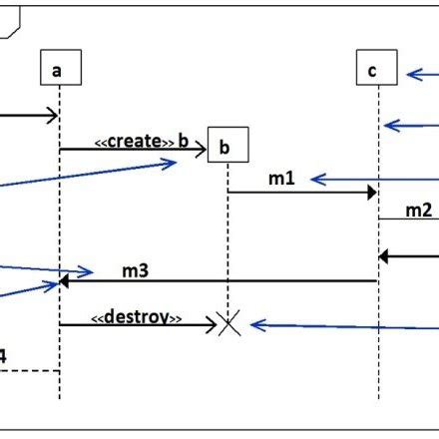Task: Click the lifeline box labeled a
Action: point(59,69)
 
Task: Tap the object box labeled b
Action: point(226,148)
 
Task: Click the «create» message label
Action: point(141,141)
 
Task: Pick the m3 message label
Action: point(137,269)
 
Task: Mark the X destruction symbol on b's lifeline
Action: point(228,323)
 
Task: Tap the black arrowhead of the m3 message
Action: point(65,281)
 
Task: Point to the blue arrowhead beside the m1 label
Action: point(316,179)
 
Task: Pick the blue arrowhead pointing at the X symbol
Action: point(255,324)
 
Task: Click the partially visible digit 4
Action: point(3,355)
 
